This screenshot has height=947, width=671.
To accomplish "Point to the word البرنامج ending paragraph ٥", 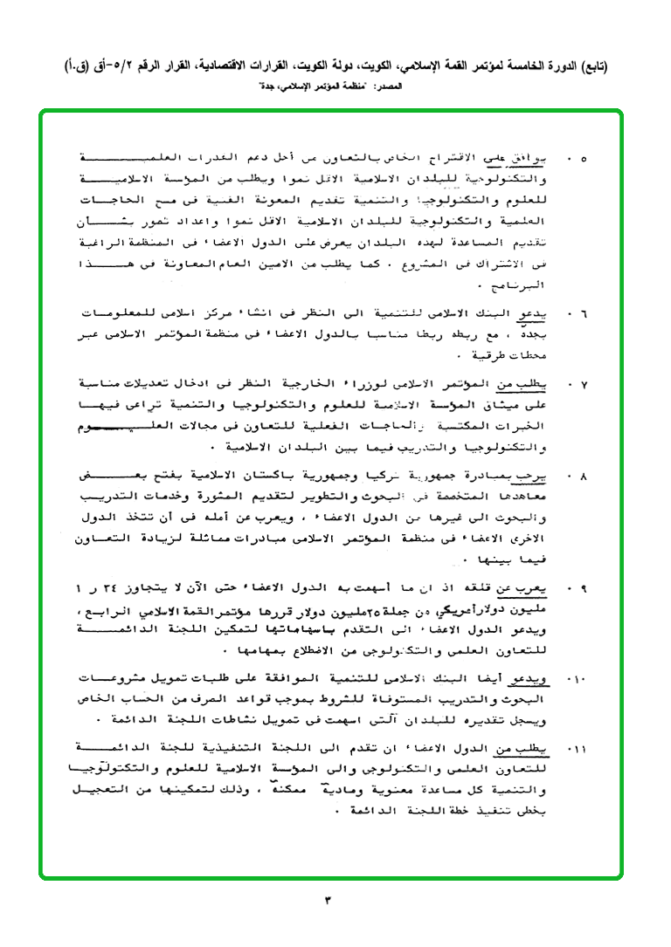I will click(538, 285).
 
